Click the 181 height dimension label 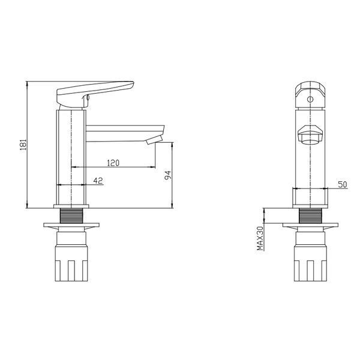[23, 145]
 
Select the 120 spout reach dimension [113, 163]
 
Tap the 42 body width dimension [98, 181]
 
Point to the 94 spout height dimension [168, 175]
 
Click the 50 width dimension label [343, 184]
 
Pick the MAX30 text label [260, 238]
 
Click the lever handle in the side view [95, 94]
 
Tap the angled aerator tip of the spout [154, 140]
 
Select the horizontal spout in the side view [125, 133]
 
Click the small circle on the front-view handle [310, 100]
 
